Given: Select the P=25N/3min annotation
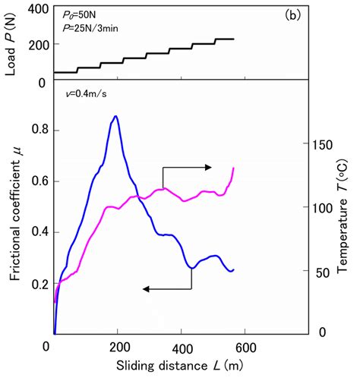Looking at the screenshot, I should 95,29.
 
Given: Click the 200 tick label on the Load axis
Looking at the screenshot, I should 38,45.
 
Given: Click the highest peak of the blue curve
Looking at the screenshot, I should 115,117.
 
